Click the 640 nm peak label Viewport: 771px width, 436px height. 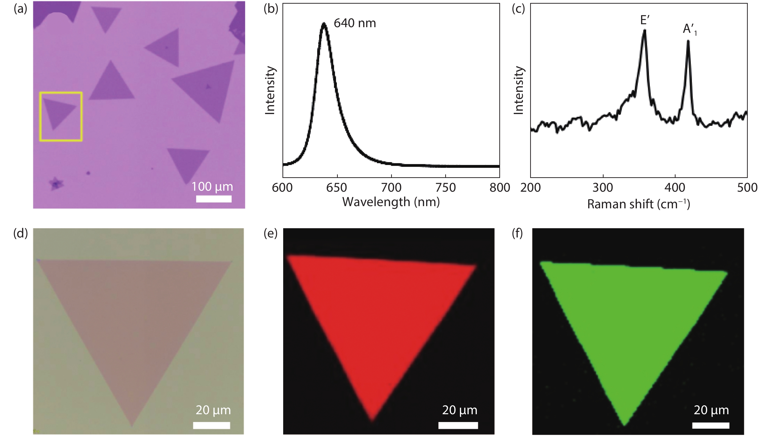[x=354, y=23]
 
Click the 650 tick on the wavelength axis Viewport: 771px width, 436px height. [x=337, y=188]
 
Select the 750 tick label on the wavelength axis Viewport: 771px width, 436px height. [x=446, y=188]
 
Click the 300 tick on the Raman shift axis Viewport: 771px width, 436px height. [x=603, y=188]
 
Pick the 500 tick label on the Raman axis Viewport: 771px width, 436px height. [x=747, y=188]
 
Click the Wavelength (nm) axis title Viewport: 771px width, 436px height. [x=391, y=202]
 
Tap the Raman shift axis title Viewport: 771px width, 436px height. [x=638, y=204]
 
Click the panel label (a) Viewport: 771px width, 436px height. [x=20, y=9]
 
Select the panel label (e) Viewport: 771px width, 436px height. [x=270, y=234]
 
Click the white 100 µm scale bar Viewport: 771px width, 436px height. [x=214, y=199]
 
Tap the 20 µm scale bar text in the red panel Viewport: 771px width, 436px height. [x=459, y=410]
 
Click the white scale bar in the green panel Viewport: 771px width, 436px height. [x=711, y=425]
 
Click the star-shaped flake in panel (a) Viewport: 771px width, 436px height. [x=56, y=184]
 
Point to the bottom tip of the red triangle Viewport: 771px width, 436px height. [x=372, y=420]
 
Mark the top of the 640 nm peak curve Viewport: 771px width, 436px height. [x=324, y=23]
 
